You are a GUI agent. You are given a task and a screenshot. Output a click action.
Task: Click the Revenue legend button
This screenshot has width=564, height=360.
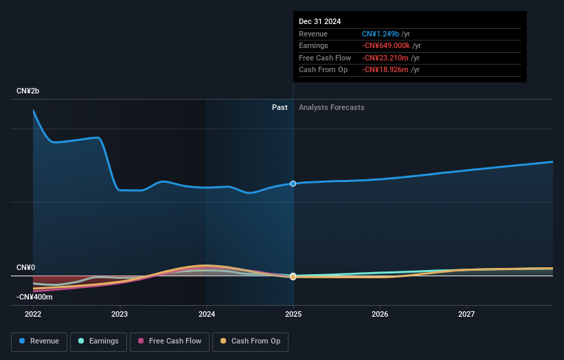tap(39, 341)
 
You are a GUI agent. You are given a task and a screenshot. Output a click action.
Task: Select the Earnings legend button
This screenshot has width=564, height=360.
tap(98, 341)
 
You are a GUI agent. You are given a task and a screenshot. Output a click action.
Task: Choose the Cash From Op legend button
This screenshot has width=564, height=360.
tap(250, 341)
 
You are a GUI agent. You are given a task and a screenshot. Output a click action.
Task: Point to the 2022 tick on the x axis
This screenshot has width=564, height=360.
tap(33, 314)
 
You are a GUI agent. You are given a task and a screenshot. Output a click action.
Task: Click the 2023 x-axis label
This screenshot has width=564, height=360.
tap(120, 314)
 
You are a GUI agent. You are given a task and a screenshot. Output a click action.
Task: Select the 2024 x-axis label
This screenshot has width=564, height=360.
tap(207, 314)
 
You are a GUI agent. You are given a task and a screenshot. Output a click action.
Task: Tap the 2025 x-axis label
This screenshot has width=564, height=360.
tap(293, 314)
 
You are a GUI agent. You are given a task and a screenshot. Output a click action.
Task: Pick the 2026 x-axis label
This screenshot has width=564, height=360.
tap(380, 314)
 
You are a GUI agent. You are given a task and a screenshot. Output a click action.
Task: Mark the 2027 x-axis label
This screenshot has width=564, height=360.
tap(466, 314)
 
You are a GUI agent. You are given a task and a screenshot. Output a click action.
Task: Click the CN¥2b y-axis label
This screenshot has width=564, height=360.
tap(28, 91)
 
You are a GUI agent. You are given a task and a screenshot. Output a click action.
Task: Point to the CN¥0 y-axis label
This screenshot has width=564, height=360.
tap(25, 267)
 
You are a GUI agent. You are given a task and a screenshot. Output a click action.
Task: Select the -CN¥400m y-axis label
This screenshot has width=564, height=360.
tap(34, 297)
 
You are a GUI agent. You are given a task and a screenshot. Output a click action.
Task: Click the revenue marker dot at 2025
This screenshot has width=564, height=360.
tap(293, 183)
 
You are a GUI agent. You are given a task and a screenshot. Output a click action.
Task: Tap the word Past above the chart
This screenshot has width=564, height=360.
tap(280, 107)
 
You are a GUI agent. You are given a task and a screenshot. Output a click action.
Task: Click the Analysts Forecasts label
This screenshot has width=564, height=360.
tap(331, 107)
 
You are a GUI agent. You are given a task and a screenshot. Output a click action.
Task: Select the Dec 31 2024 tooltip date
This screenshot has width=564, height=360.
tap(319, 22)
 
